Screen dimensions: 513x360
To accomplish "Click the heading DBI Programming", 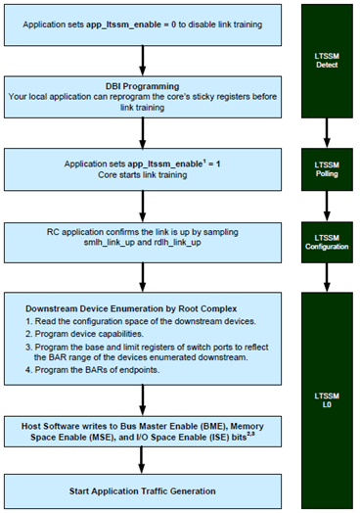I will (x=144, y=84).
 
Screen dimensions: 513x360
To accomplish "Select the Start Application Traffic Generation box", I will (x=144, y=490).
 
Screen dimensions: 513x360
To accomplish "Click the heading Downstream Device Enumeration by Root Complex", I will (x=132, y=305).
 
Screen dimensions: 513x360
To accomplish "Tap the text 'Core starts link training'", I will (x=144, y=173).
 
